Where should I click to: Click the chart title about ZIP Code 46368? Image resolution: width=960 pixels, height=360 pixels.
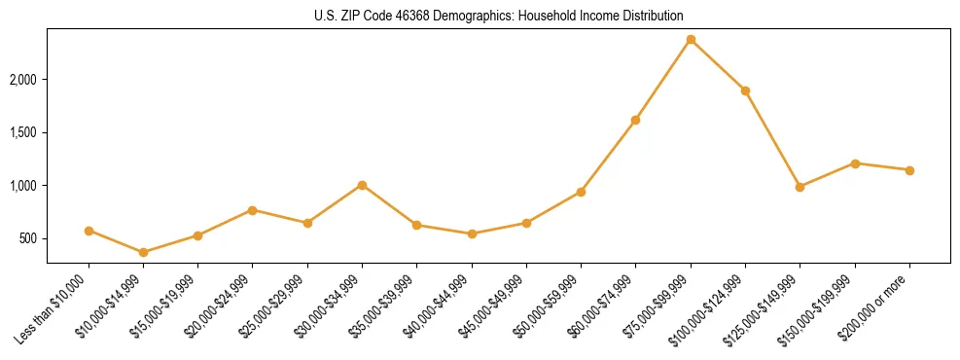[498, 16]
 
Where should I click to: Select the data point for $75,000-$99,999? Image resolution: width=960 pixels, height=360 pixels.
[691, 39]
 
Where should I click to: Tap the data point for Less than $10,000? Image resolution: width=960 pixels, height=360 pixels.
[89, 231]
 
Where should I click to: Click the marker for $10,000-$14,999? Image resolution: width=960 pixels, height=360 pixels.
[144, 252]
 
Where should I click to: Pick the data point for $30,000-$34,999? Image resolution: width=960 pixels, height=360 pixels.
[362, 185]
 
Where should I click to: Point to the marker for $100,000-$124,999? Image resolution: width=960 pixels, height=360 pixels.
[745, 90]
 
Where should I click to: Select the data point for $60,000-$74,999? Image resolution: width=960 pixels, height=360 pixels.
[635, 120]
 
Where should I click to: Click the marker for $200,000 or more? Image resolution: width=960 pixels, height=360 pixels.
[909, 170]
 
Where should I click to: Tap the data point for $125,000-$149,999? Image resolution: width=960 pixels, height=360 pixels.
[800, 187]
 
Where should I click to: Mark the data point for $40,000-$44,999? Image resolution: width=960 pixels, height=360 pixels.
[472, 234]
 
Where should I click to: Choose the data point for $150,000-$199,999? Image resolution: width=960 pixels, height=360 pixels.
[855, 163]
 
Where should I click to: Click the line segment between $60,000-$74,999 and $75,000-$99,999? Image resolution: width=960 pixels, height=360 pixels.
[663, 79]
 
